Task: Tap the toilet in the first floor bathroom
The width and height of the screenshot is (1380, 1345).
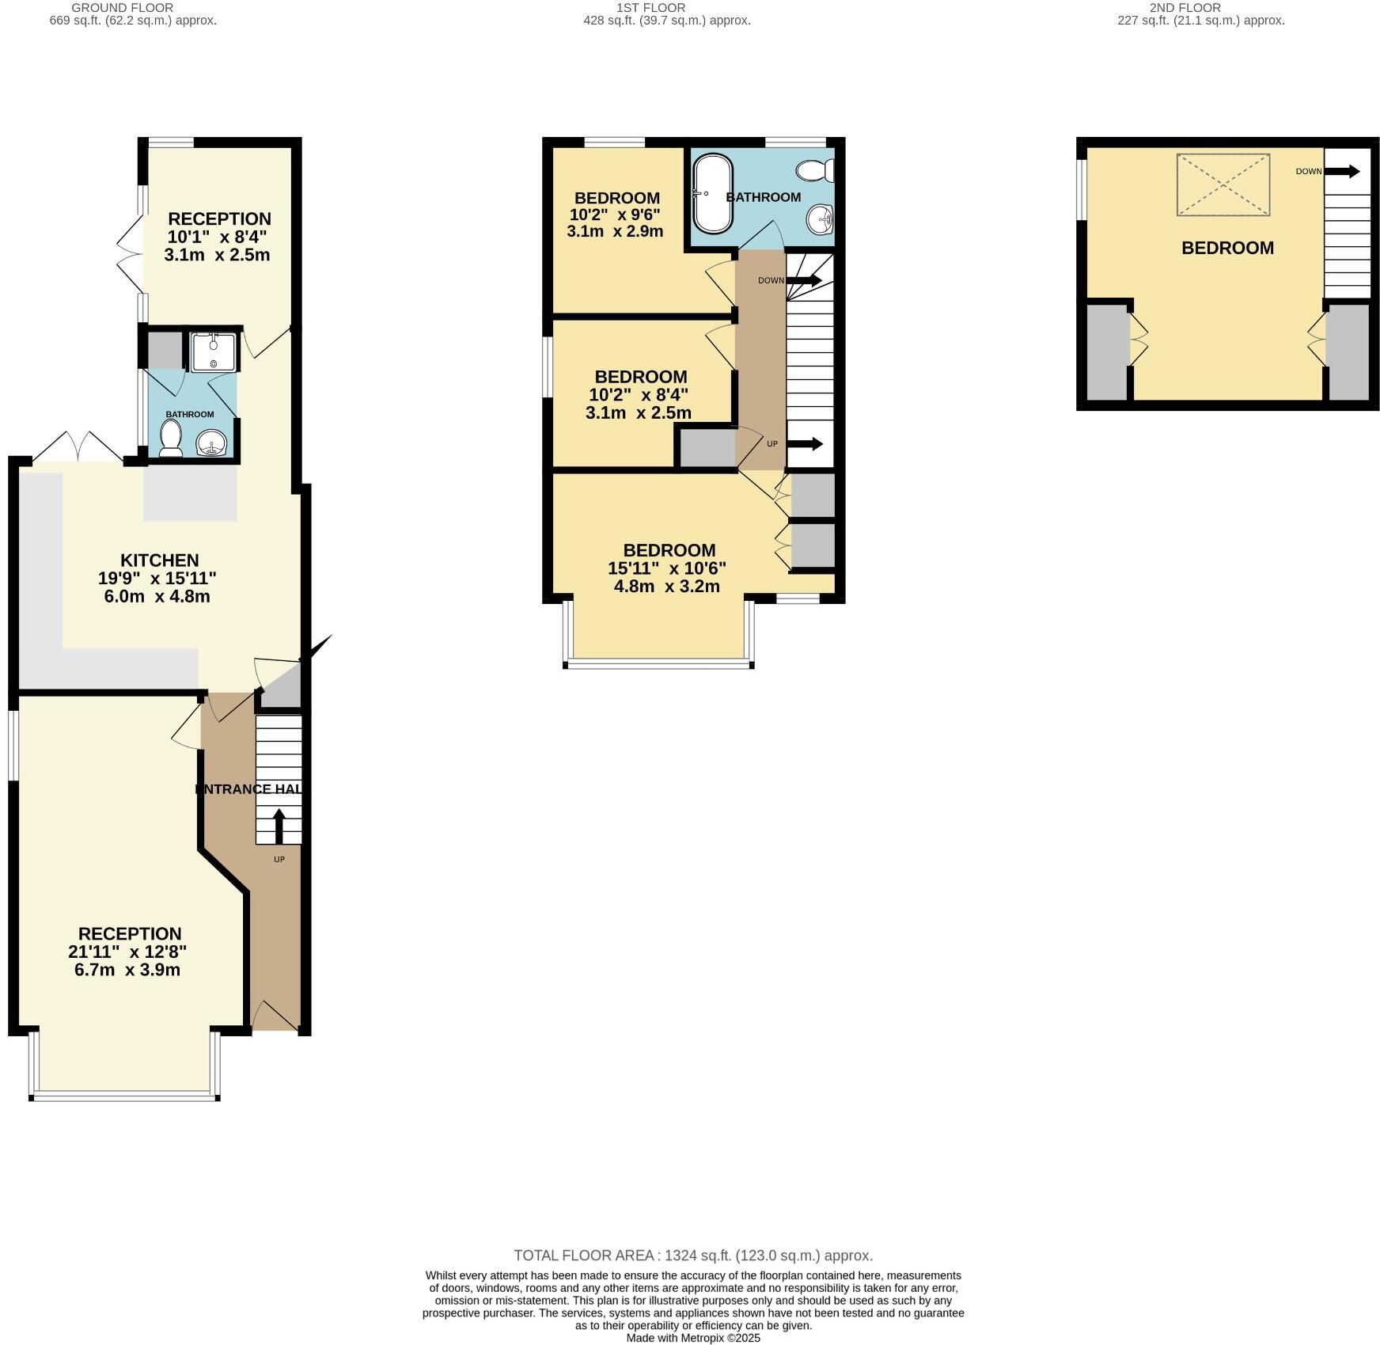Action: pos(815,170)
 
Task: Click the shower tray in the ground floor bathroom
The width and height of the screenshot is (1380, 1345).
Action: pos(214,351)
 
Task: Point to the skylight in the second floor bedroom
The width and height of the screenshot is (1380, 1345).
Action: pos(1223,184)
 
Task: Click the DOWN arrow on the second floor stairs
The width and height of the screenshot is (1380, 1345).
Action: pos(1343,171)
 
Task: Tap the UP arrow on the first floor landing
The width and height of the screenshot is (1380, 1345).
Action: pos(806,443)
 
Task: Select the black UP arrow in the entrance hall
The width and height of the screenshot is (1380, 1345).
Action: pos(279,826)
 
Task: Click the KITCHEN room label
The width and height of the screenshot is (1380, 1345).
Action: pos(159,560)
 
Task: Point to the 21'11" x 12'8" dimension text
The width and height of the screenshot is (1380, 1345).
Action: pos(127,952)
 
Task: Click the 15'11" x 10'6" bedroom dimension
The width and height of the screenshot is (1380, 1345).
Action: pos(667,568)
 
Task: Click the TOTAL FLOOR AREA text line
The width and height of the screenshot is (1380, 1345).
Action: pos(693,1256)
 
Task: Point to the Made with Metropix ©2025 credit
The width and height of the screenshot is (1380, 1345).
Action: pos(693,1338)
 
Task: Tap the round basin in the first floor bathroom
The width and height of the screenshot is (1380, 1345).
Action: pos(821,218)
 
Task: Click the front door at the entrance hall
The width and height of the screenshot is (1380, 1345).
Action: pos(273,1016)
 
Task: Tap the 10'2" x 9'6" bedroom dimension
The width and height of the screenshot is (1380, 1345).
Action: pos(615,214)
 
